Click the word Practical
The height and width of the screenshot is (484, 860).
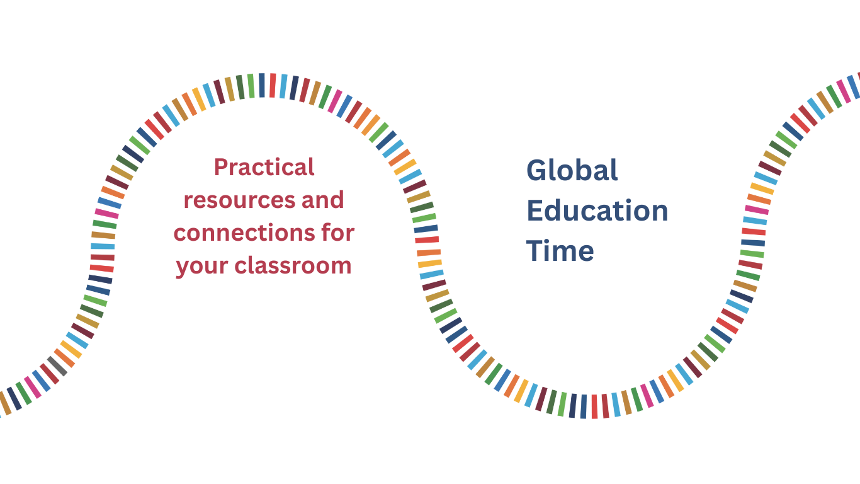[x=264, y=167]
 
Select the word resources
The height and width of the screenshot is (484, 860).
[x=239, y=200]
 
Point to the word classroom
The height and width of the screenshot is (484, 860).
[x=293, y=266]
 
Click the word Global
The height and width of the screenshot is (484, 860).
[x=572, y=170]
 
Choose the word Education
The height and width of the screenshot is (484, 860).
[x=597, y=210]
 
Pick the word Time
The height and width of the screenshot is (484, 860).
[x=560, y=250]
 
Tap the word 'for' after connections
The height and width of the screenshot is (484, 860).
[x=338, y=233]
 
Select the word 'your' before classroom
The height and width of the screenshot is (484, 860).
[x=201, y=267]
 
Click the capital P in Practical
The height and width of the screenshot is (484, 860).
[x=222, y=168]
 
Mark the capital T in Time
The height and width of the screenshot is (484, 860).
[x=535, y=250]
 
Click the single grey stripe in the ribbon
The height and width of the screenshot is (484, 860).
[x=57, y=366]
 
